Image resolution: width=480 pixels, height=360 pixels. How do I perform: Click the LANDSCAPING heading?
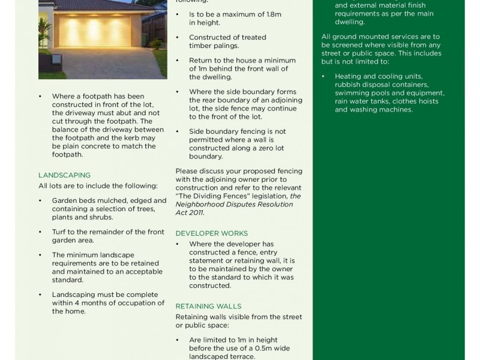[64, 175]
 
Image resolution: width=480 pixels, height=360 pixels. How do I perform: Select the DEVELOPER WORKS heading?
[211, 233]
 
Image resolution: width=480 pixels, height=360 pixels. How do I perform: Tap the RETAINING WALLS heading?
[208, 306]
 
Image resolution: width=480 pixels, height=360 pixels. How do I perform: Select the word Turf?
[60, 232]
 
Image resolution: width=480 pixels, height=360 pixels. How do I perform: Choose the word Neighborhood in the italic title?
[202, 204]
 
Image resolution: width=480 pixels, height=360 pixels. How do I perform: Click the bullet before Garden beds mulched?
[41, 200]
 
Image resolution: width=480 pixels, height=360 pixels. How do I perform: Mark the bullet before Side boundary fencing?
[178, 131]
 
